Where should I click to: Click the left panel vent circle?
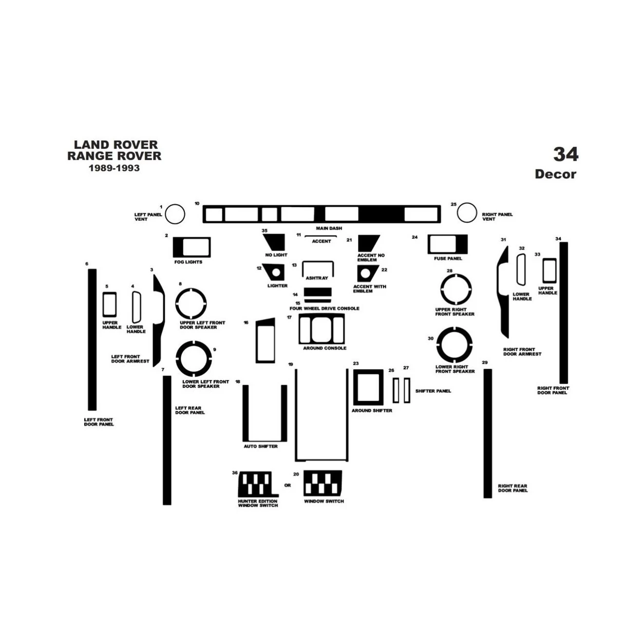click(x=175, y=214)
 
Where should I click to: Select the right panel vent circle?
click(x=467, y=213)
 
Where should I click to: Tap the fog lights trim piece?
click(x=192, y=247)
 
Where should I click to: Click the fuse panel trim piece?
click(x=447, y=244)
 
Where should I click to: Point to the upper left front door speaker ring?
click(x=191, y=304)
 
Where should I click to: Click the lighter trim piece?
click(x=273, y=272)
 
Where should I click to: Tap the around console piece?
click(x=322, y=329)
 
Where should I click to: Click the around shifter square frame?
click(x=368, y=387)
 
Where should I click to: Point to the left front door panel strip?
click(x=92, y=339)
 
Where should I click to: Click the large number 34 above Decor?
click(x=565, y=154)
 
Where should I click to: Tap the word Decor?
click(x=555, y=174)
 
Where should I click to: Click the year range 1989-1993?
click(x=114, y=168)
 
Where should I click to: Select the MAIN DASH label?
click(x=329, y=228)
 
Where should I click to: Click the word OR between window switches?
click(x=288, y=485)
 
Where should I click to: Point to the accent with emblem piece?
click(x=367, y=273)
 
